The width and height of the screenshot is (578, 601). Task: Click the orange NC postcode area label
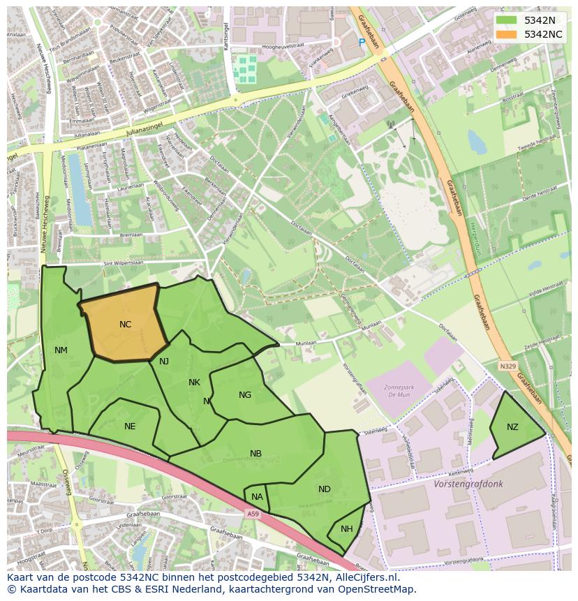coord(125,325)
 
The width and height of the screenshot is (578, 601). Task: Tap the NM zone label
coord(61,350)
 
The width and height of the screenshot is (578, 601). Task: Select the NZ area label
coord(512,427)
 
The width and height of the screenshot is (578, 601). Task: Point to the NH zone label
coord(347,529)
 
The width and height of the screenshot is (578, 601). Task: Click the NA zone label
coord(257,497)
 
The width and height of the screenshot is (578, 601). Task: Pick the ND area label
coord(325,489)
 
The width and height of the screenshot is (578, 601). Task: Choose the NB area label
coord(256,454)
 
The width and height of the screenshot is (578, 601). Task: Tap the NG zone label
coord(245,395)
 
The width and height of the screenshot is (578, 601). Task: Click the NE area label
coord(130,426)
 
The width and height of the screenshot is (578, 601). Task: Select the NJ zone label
coord(164,362)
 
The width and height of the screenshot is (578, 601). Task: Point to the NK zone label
coord(194,383)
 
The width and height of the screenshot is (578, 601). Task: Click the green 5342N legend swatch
coord(506,20)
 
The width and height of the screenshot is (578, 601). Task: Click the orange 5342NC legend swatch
coord(506,34)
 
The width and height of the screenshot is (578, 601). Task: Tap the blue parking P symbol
coord(362,43)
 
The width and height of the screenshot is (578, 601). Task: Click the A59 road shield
coord(252,514)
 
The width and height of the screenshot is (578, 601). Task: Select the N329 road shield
coord(507,366)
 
